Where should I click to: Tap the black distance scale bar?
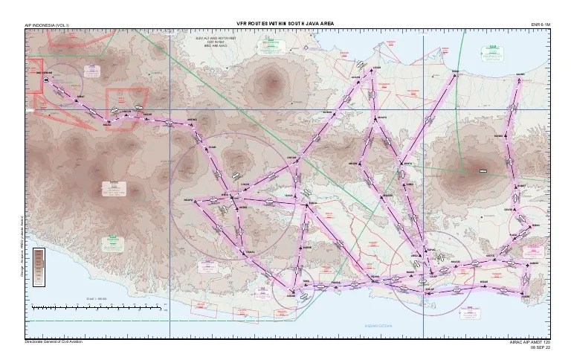pos(97,306)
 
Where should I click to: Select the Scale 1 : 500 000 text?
pos(97,298)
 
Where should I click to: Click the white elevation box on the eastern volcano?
pos(483,171)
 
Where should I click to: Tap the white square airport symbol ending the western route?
pos(46,80)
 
